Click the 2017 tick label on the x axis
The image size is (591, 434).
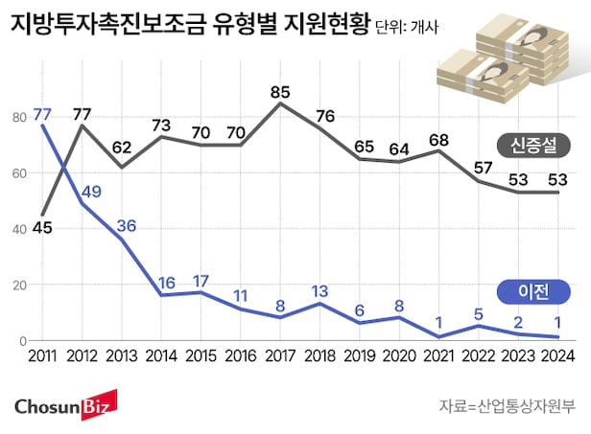point(279,356)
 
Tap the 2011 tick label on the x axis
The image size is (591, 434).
point(43,356)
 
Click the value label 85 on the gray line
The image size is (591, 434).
point(279,94)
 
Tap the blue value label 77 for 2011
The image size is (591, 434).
point(42,114)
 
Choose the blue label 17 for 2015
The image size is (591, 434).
point(201,282)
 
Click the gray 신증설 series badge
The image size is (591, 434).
point(535,146)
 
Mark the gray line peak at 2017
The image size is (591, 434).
point(279,103)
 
